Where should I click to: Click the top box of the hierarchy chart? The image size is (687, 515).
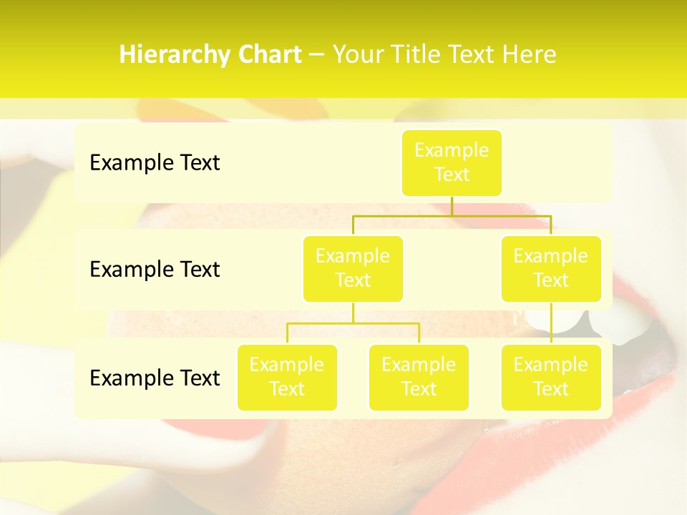point(452,162)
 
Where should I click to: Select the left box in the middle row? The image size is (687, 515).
point(353,268)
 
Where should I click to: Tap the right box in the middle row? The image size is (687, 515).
point(551,268)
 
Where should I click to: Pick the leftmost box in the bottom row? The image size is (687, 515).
point(287,377)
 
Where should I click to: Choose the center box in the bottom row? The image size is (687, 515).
point(419,377)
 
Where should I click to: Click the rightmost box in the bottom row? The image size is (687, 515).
point(551,377)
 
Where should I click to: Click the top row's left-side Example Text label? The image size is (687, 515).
point(155,162)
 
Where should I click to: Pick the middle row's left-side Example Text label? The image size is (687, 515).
point(155,269)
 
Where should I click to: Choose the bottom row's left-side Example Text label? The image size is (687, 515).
point(155,378)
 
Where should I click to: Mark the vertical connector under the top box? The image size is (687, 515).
point(452,206)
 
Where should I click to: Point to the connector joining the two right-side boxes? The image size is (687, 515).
point(551,323)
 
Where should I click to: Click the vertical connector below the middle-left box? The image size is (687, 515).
point(353,313)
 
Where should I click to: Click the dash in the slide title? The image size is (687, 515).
point(317,55)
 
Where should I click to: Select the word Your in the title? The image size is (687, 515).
point(359,55)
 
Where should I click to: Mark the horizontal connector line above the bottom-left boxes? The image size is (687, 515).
point(353,323)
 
